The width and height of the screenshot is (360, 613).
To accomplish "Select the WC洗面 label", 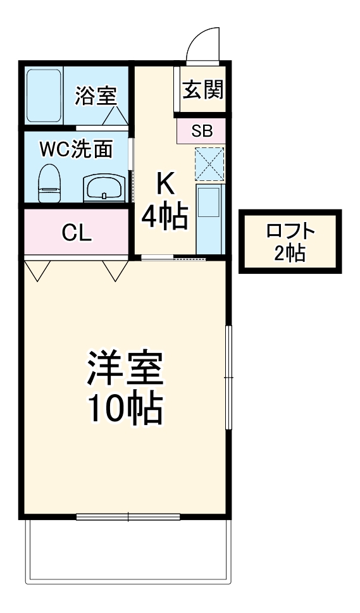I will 76,150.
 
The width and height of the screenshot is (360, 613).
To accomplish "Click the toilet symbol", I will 47,183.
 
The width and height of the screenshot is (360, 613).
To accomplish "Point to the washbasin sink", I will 103,188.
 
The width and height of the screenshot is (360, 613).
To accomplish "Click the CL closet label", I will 77,233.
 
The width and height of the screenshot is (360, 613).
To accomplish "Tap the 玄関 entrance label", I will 203,90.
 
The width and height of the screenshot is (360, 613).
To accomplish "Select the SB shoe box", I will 202,132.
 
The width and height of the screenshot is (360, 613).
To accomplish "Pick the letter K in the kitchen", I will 164,185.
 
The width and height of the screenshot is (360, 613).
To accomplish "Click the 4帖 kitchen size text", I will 164,218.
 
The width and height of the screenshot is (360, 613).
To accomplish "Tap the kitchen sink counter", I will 209,218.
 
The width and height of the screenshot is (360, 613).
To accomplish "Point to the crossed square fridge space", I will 209,163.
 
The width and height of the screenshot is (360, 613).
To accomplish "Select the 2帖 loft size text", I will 290,253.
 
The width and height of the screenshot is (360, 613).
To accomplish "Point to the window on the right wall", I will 229,378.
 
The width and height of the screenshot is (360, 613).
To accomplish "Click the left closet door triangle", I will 38,270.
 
